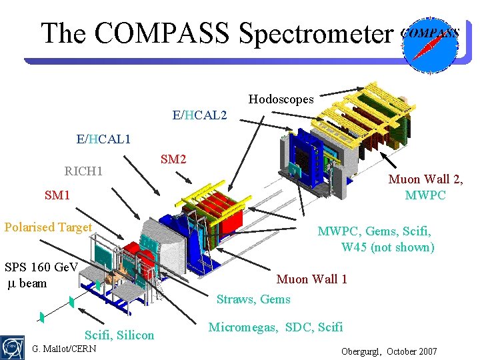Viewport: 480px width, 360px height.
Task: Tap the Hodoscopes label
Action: point(281,99)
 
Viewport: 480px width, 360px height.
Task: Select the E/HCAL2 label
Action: point(199,115)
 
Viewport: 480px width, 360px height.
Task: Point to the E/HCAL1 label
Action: point(103,139)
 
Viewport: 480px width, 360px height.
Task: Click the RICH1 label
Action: point(83,171)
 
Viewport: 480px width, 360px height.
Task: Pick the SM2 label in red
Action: point(173,159)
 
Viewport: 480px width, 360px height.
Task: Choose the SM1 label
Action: point(57,195)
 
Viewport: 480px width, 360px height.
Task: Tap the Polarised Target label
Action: point(48,227)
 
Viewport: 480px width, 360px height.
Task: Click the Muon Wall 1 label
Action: point(311,279)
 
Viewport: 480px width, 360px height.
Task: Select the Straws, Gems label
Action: point(253,299)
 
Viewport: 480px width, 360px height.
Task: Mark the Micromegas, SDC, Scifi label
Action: point(275,327)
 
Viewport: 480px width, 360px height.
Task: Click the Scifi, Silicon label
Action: point(119,335)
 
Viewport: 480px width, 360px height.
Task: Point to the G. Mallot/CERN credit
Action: point(64,349)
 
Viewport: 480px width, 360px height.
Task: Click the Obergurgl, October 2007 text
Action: point(389,351)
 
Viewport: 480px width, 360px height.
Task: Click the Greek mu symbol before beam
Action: point(11,283)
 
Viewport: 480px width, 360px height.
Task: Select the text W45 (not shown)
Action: point(387,247)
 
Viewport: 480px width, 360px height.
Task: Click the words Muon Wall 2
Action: point(425,179)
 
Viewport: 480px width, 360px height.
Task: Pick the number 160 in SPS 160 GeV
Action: point(41,267)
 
